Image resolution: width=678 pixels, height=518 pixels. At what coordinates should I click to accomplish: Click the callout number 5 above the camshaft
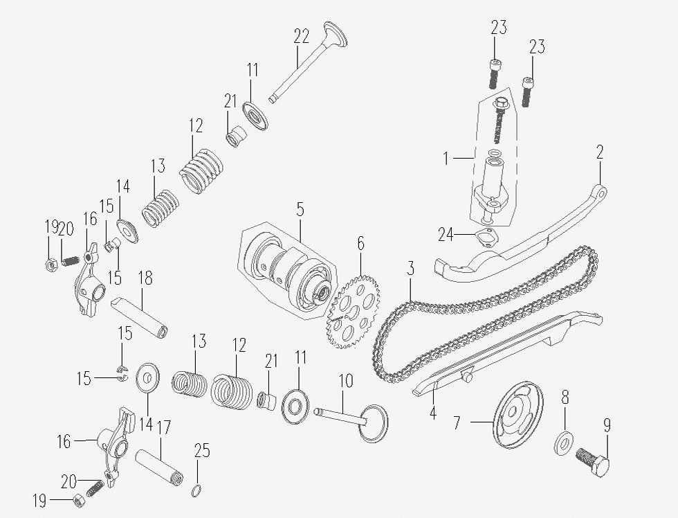click(x=300, y=209)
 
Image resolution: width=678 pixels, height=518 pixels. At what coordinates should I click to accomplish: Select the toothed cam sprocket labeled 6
click(x=354, y=312)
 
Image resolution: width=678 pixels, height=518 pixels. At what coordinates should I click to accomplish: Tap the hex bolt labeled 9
click(x=593, y=462)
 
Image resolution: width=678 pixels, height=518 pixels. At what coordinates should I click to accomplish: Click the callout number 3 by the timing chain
click(x=410, y=268)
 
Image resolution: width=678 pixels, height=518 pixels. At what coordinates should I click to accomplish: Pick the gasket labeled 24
click(x=486, y=238)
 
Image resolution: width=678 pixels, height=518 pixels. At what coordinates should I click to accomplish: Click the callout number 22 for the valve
click(x=302, y=36)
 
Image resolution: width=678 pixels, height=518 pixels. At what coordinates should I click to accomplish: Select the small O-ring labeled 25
click(x=196, y=491)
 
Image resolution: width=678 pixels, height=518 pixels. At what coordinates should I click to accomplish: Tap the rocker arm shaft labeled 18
click(x=139, y=316)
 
